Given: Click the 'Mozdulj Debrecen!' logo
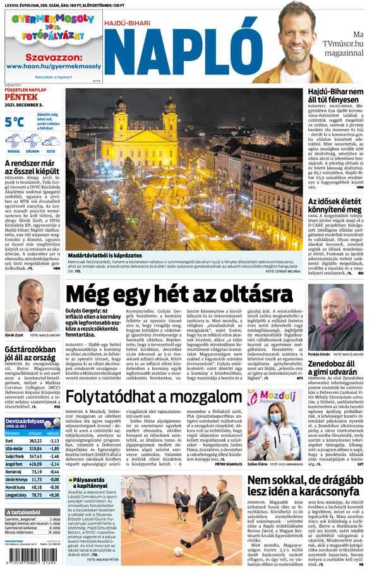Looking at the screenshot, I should [275, 397].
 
